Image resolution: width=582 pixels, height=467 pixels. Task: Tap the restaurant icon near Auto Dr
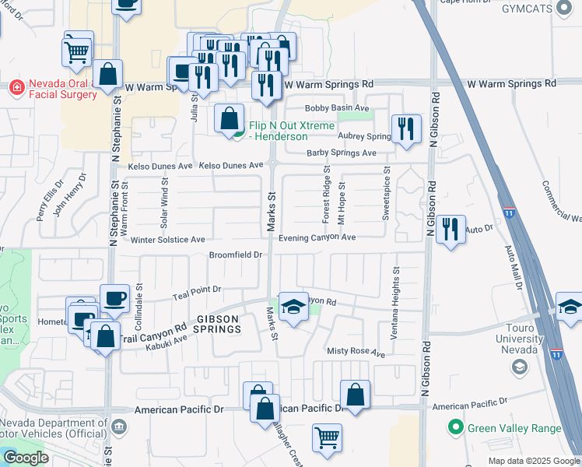coord(451,230)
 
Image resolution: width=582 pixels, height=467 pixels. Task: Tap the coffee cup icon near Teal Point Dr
coord(114,299)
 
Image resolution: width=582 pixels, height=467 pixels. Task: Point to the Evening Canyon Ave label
coord(317,237)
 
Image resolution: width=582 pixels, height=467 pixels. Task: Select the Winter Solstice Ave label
coord(167,240)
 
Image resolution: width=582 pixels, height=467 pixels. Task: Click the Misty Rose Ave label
coord(356,353)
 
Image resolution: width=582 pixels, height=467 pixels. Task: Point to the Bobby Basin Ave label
coord(337,108)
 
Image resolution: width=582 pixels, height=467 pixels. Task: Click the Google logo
coord(26,458)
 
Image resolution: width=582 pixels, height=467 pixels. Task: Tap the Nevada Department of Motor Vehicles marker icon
coord(118,427)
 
